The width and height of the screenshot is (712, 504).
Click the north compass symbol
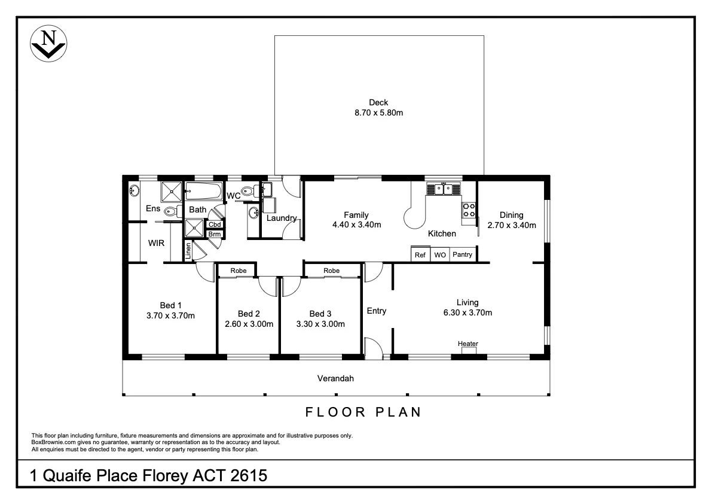pos(48,44)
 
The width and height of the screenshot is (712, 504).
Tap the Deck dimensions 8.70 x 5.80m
pos(378,113)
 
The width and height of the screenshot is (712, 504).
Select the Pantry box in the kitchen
pos(462,254)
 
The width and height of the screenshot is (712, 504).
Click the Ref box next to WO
pos(420,254)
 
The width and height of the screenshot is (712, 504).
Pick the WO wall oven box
pos(440,254)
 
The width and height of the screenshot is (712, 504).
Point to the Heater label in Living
pos(467,344)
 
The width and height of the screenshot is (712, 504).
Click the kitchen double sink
pos(443,189)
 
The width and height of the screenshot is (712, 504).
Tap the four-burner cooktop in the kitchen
pos(469,210)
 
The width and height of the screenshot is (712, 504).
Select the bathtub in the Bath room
pos(203,192)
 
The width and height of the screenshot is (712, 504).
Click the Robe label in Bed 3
pos(332,271)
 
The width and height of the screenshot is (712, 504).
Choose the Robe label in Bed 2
pos(239,271)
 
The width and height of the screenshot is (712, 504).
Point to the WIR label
pos(157,243)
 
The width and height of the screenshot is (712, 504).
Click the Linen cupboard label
pos(189,251)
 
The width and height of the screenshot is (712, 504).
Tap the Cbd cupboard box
pos(215,224)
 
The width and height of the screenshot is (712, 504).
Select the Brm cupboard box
pos(215,234)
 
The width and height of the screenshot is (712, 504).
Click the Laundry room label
pos(282,218)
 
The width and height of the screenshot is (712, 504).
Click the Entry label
pos(377,311)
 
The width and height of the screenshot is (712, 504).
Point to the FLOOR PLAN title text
pos(363,412)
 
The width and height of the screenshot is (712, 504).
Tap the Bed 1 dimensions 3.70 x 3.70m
pos(170,315)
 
